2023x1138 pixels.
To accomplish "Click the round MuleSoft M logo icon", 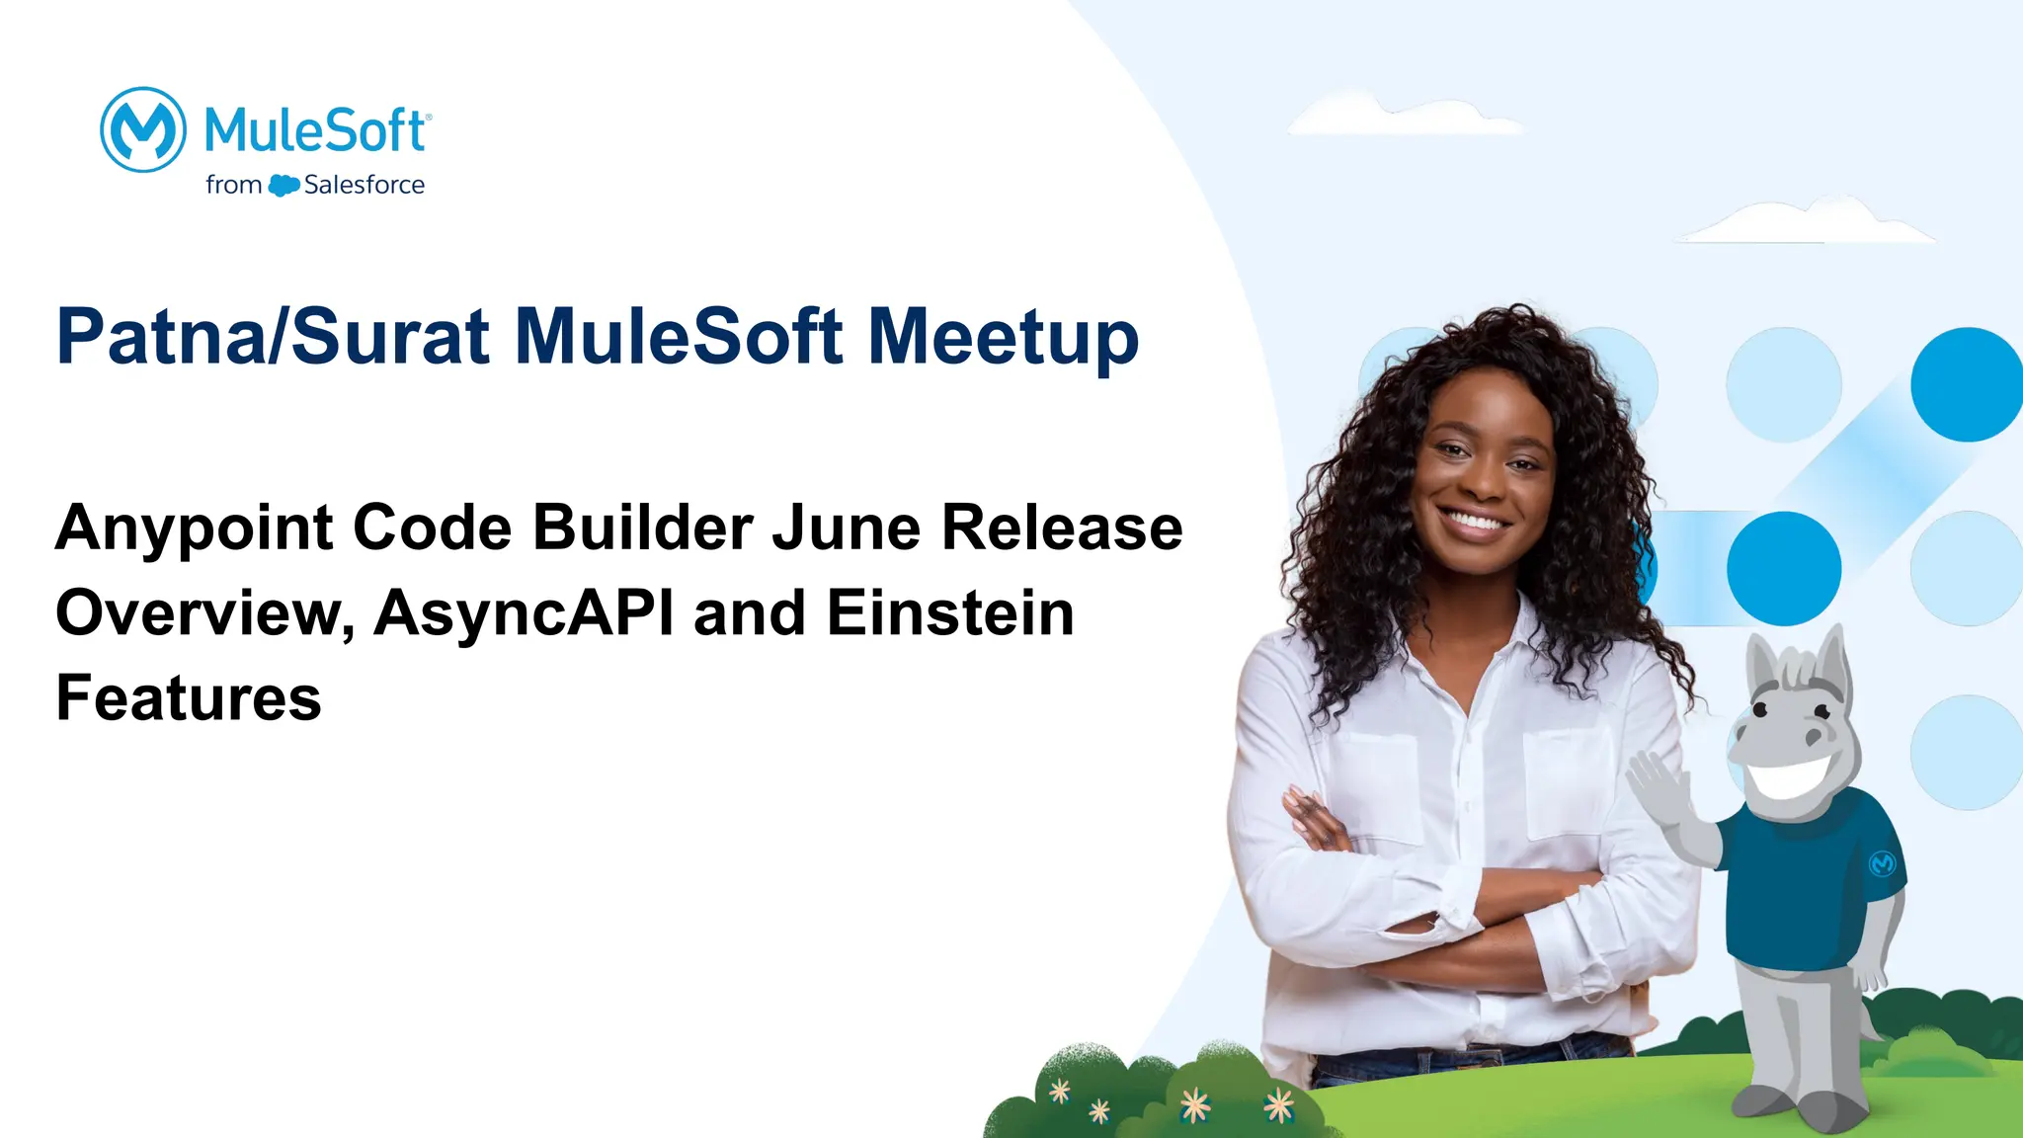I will (143, 129).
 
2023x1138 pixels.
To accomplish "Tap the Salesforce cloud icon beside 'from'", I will (283, 185).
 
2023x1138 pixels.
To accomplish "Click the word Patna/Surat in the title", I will (273, 337).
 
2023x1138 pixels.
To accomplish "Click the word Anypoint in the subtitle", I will (195, 528).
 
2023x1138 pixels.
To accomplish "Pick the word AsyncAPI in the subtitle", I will (525, 612).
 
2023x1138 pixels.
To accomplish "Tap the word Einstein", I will (950, 612).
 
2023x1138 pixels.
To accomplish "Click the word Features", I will (189, 697).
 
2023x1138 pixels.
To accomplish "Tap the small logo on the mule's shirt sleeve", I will (1882, 863).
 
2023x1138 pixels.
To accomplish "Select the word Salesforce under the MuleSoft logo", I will (364, 185).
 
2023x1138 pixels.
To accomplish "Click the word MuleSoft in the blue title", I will (680, 337).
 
